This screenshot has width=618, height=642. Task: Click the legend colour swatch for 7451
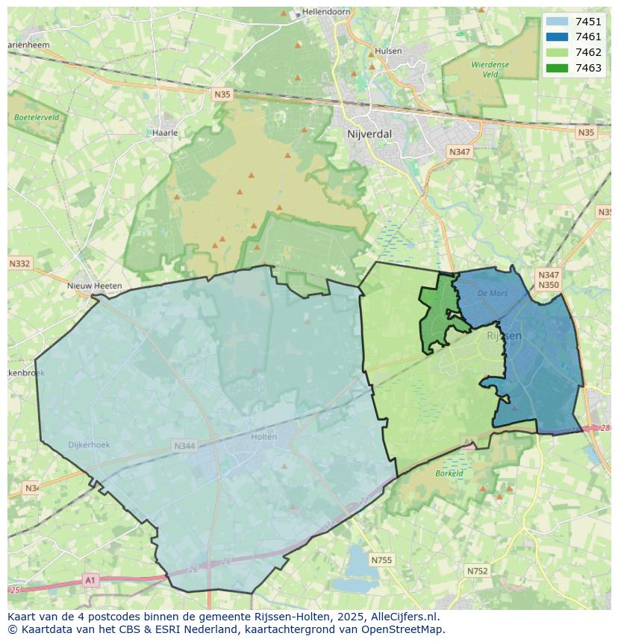(x=557, y=22)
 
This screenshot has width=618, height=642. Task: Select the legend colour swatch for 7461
(x=557, y=37)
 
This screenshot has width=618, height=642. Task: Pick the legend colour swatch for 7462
(x=557, y=52)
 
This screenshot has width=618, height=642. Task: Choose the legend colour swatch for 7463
(x=557, y=68)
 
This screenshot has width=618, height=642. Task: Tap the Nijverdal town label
(x=369, y=134)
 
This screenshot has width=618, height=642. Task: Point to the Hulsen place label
(x=388, y=51)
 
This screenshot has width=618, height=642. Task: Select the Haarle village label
(x=165, y=133)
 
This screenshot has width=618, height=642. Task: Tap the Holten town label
(x=264, y=437)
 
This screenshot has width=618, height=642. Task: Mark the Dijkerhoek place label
(x=89, y=445)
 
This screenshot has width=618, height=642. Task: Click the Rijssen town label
(x=504, y=336)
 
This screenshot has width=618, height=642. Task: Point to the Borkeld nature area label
(x=449, y=473)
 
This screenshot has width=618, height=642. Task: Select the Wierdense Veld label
(x=490, y=69)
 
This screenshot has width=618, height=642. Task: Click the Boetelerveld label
(x=37, y=117)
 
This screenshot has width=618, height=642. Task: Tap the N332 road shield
(x=20, y=264)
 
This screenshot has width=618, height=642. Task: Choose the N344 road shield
(x=184, y=447)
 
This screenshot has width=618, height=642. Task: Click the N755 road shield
(x=381, y=560)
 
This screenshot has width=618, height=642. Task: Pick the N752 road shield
(x=477, y=571)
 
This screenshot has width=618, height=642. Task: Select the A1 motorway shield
(x=90, y=580)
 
